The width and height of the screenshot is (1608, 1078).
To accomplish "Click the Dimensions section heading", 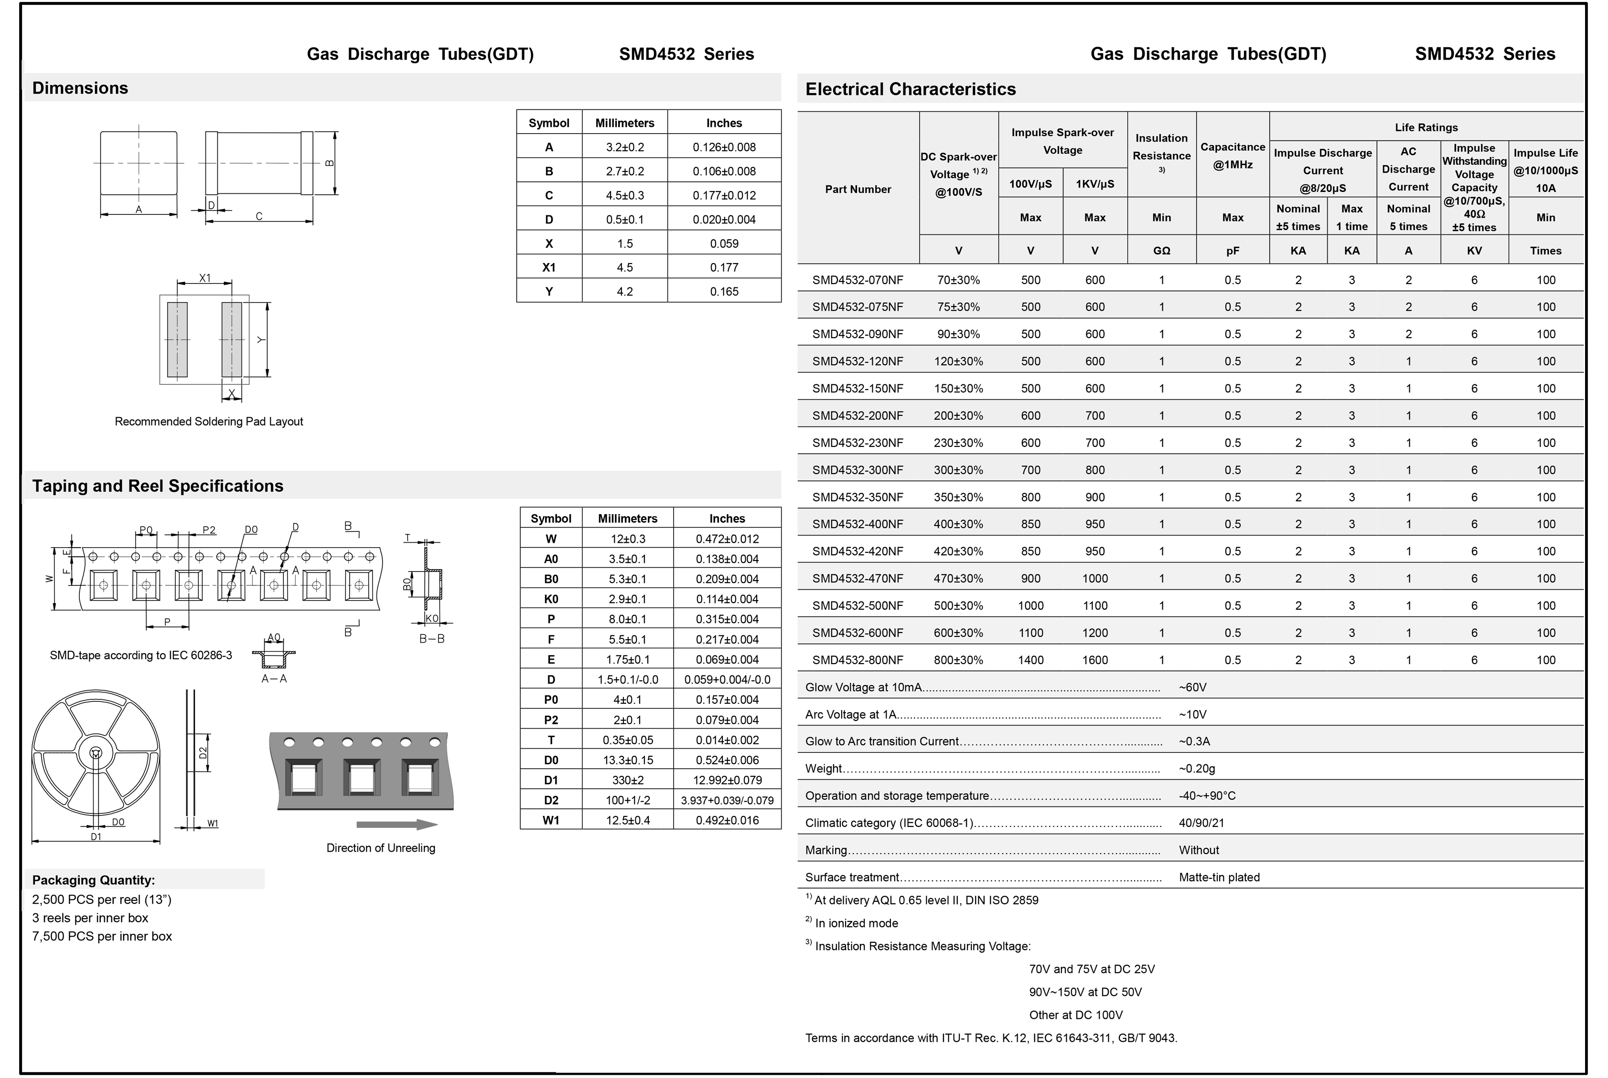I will (80, 88).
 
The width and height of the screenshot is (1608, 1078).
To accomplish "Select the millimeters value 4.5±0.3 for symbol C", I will (624, 195).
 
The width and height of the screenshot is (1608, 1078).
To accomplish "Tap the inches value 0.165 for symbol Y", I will (724, 292).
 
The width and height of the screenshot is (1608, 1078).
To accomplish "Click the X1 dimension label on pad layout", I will (205, 278).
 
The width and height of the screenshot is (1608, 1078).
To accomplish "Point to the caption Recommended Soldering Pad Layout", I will (208, 422).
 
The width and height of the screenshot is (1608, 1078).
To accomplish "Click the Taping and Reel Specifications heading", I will (158, 486).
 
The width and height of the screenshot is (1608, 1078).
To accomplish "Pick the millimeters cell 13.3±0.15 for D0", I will (627, 760).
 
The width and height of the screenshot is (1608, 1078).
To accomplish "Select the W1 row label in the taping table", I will (551, 820).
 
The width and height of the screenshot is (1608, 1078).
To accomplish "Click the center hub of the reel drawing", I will (96, 753).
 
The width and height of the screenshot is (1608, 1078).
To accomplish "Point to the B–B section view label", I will (432, 639).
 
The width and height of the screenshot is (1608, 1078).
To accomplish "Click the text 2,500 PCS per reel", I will (102, 899).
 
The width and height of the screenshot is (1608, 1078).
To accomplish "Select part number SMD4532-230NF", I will (858, 443).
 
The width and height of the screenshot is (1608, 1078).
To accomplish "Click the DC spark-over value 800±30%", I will (958, 660).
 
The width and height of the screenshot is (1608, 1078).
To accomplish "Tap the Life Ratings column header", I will (1426, 127).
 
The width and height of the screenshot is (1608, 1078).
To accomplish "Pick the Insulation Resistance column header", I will (1161, 147).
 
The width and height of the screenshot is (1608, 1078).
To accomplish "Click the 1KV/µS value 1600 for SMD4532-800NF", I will (1095, 660).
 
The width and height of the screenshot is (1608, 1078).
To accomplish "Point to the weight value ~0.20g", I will (1197, 769).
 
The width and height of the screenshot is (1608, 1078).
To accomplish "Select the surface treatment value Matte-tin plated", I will (1219, 877).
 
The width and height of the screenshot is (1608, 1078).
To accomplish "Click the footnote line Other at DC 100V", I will (1076, 1015).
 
